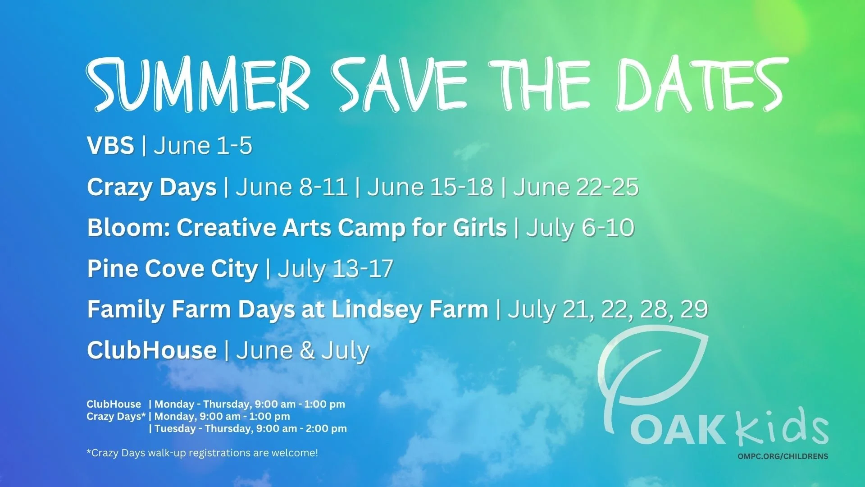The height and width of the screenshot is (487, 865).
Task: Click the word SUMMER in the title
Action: click(198, 85)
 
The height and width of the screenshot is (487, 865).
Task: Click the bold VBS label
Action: click(110, 146)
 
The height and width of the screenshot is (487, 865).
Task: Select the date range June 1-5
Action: click(203, 146)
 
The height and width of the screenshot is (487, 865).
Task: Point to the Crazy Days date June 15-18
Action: click(430, 187)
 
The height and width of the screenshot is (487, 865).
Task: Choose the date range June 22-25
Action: click(576, 187)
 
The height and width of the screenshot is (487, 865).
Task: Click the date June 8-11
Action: click(292, 187)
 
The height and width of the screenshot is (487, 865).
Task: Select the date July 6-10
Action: click(580, 228)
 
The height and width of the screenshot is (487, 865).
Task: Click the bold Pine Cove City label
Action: click(173, 269)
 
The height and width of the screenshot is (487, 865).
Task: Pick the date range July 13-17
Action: click(336, 269)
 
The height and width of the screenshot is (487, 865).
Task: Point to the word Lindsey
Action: click(378, 310)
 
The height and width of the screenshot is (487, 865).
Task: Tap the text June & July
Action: click(303, 351)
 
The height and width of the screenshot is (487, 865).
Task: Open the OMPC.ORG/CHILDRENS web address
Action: click(783, 456)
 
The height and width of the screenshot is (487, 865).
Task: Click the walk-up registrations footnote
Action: click(202, 453)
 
